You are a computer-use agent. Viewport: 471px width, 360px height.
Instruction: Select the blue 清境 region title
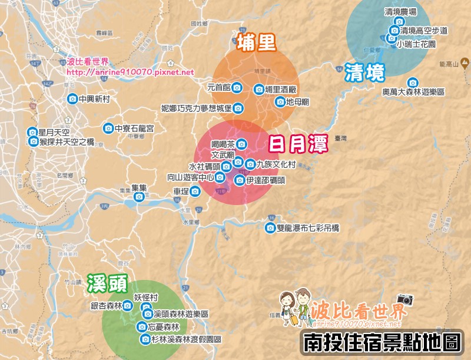365,72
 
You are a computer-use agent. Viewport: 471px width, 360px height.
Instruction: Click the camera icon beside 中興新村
72,99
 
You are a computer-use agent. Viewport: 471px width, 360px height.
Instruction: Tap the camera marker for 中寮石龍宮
108,128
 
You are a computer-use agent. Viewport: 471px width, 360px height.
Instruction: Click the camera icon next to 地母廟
280,102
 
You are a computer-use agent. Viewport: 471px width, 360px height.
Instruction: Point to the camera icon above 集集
139,197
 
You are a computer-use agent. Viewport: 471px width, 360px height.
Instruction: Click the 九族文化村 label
275,164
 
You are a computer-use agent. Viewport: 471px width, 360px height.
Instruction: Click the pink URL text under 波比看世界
130,72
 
